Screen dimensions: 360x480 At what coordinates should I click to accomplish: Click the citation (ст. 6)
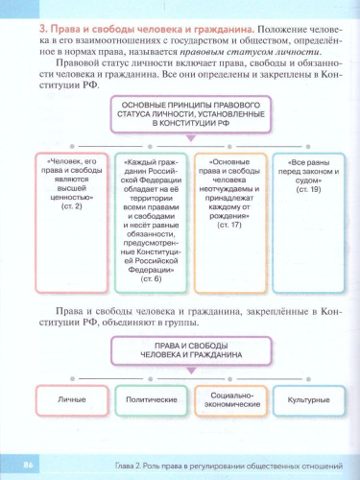pyautogui.click(x=144, y=279)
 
